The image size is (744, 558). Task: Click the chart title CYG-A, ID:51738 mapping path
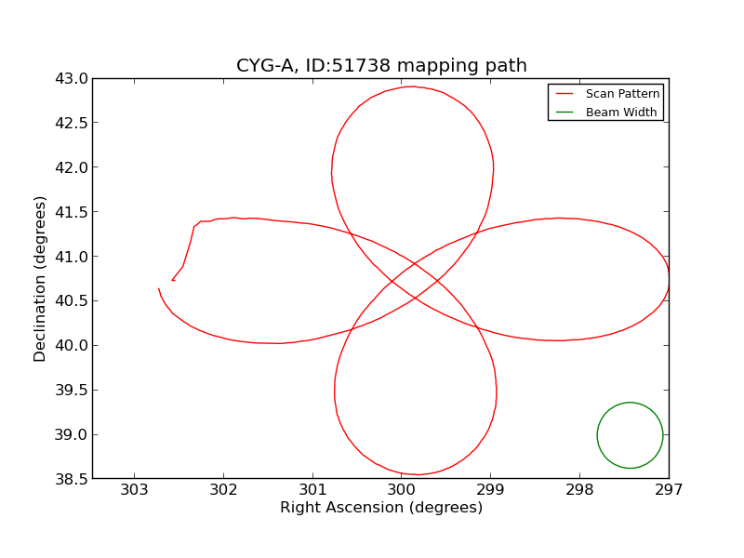click(x=381, y=66)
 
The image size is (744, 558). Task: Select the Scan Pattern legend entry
click(x=622, y=94)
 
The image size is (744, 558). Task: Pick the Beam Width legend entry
click(x=620, y=113)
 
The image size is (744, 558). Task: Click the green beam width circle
click(x=630, y=403)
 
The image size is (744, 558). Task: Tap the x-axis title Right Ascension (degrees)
click(x=381, y=508)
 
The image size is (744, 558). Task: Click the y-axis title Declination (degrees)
click(x=41, y=278)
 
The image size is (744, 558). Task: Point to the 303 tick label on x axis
click(x=134, y=489)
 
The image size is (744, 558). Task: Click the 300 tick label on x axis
click(x=401, y=489)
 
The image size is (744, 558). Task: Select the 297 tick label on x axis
click(x=669, y=489)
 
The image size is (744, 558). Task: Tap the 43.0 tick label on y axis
click(x=71, y=79)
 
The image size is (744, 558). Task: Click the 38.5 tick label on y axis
click(x=71, y=479)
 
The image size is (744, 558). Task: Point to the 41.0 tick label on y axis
click(x=71, y=257)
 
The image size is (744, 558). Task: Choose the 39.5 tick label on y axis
click(x=71, y=391)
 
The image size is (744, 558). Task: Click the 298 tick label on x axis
click(x=579, y=489)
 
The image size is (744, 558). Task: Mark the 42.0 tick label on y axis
click(x=71, y=168)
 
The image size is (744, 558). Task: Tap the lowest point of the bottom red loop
click(x=417, y=474)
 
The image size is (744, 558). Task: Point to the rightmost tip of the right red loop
click(x=669, y=279)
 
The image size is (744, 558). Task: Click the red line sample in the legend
click(x=565, y=94)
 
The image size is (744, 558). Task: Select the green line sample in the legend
click(x=565, y=113)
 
